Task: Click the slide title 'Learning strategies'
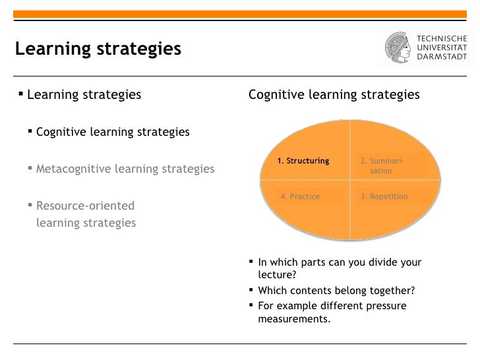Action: (98, 49)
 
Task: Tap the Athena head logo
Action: (400, 47)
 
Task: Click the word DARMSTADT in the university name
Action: (442, 57)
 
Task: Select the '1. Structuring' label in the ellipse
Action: (303, 161)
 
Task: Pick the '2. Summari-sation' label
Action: (382, 165)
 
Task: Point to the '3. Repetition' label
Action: (384, 196)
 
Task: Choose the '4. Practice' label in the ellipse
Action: (300, 196)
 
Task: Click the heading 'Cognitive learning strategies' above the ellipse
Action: (334, 95)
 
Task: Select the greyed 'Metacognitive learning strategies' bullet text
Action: (125, 169)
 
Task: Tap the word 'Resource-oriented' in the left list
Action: (85, 206)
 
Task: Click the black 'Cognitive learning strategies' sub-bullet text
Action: (113, 132)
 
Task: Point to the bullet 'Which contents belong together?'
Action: (336, 291)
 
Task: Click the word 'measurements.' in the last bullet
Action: (294, 319)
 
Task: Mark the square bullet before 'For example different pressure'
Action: (252, 305)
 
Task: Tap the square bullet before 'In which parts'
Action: (252, 262)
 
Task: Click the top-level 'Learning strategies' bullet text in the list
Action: (84, 95)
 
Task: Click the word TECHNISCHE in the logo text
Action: (442, 38)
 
